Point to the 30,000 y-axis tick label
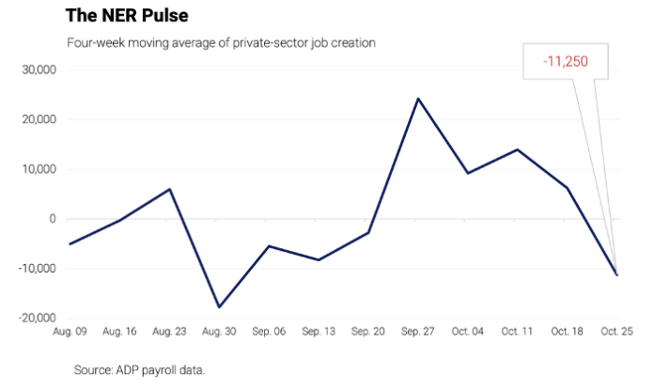click(x=39, y=70)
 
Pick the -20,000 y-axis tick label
click(x=36, y=319)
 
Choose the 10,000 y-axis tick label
click(x=39, y=170)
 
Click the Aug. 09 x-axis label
click(x=70, y=335)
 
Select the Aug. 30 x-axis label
click(x=219, y=335)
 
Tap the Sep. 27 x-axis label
click(x=417, y=335)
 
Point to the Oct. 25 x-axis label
click(x=616, y=335)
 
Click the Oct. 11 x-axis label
click(x=517, y=335)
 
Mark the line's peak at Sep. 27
click(x=418, y=99)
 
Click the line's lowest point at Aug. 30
click(x=219, y=307)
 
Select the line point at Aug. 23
click(x=170, y=189)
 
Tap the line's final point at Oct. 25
click(x=616, y=274)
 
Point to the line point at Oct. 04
click(x=468, y=173)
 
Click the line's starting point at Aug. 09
click(x=70, y=244)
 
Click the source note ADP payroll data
click(x=140, y=370)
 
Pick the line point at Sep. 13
click(x=319, y=259)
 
